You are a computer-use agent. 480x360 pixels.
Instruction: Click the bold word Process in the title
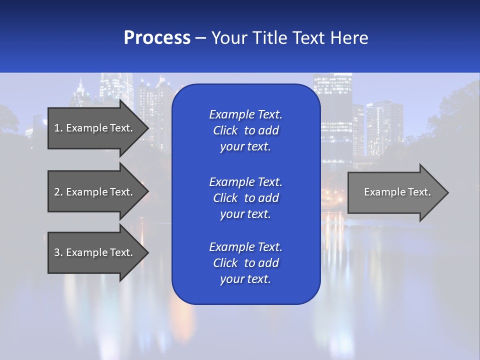(157, 38)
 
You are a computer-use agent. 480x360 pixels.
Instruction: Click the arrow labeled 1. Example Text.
(95, 128)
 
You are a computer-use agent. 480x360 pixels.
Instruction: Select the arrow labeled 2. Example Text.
(95, 192)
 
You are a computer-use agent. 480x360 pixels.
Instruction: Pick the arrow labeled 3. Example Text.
(95, 252)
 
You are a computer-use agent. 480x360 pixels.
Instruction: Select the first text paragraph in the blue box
(245, 130)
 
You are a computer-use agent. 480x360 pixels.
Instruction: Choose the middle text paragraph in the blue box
(245, 197)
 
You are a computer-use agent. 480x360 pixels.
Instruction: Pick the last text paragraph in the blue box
(245, 263)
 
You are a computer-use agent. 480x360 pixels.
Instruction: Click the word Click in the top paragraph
(225, 130)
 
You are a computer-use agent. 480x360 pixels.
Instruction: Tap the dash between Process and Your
(200, 38)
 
